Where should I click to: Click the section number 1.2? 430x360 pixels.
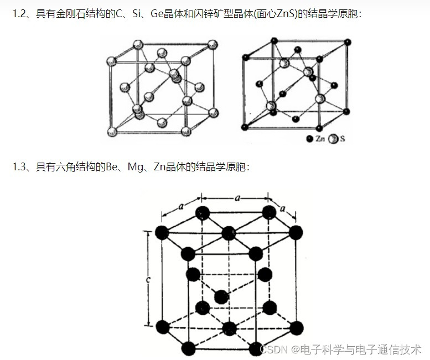(19, 13)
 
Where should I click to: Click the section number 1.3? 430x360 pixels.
(19, 166)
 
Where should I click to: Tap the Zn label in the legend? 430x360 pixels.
(320, 139)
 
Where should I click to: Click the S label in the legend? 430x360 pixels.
(343, 139)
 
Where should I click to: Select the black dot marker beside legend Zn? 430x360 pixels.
(309, 139)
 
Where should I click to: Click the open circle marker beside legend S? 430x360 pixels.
(334, 139)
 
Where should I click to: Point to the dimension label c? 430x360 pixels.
(149, 280)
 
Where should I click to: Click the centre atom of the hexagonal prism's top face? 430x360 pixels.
(229, 233)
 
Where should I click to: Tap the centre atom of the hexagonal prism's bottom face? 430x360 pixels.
(229, 328)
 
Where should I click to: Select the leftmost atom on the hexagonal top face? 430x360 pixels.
(162, 233)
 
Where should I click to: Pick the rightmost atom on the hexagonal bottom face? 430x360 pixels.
(296, 327)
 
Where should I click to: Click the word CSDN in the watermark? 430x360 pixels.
(272, 349)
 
